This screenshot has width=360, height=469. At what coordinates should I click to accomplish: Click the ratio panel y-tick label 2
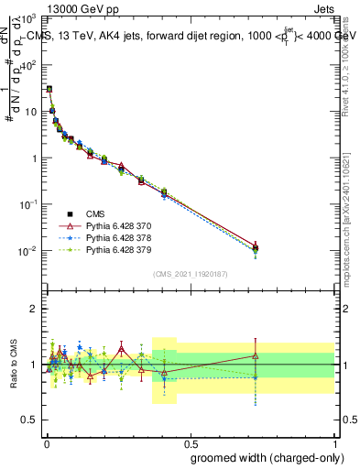tap(35, 309)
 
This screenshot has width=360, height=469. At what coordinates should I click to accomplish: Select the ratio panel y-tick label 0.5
tap(31, 420)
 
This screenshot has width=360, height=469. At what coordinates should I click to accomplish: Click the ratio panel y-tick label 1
tap(35, 365)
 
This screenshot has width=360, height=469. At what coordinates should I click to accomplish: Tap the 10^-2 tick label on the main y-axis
tap(27, 250)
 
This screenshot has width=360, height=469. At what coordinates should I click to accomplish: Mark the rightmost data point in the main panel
tap(256, 247)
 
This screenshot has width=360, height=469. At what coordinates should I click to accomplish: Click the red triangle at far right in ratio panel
tap(256, 355)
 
